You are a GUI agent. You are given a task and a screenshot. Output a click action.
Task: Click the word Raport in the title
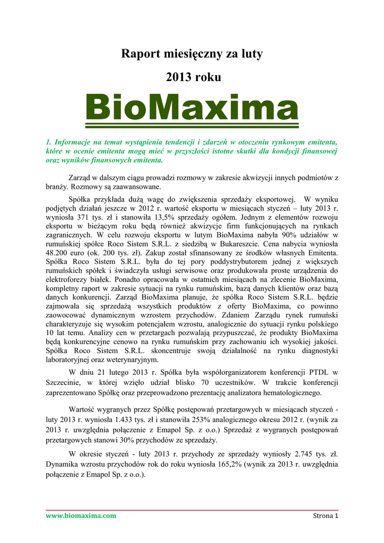[139, 54]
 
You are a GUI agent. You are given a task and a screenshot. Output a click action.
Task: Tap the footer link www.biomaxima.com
[81, 515]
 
